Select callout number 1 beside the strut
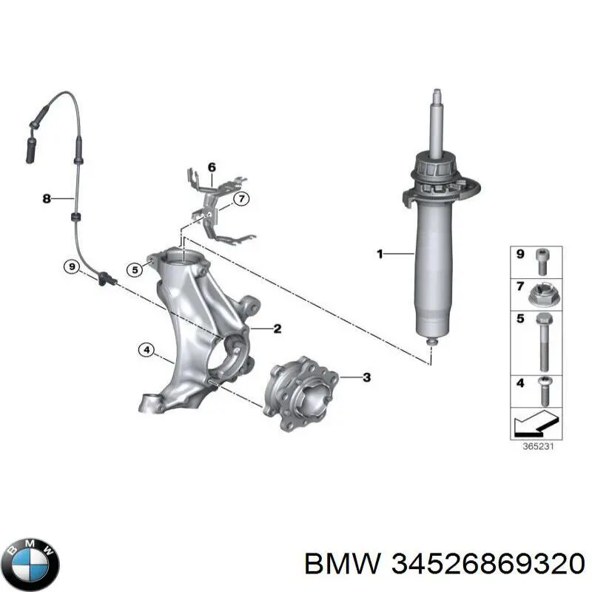tap(380, 255)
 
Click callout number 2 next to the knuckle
tap(277, 329)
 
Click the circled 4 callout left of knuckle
tap(147, 351)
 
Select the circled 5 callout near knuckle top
tap(133, 270)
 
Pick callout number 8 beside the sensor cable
tap(47, 198)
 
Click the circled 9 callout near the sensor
tap(71, 266)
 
